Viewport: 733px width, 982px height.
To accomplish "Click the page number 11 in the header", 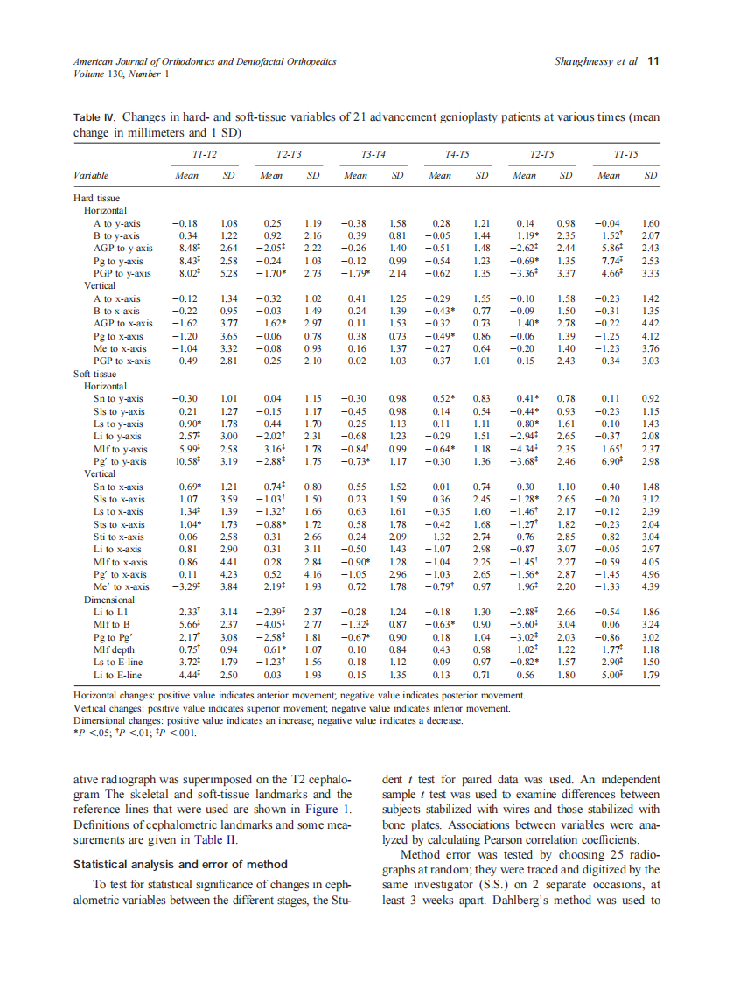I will [653, 61].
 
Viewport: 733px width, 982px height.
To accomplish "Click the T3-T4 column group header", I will [373, 154].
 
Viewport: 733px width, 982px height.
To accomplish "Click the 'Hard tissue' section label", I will [95, 199].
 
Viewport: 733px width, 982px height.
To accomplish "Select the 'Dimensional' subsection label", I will [109, 600].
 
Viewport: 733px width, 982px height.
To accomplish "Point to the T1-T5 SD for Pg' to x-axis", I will [650, 574].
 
